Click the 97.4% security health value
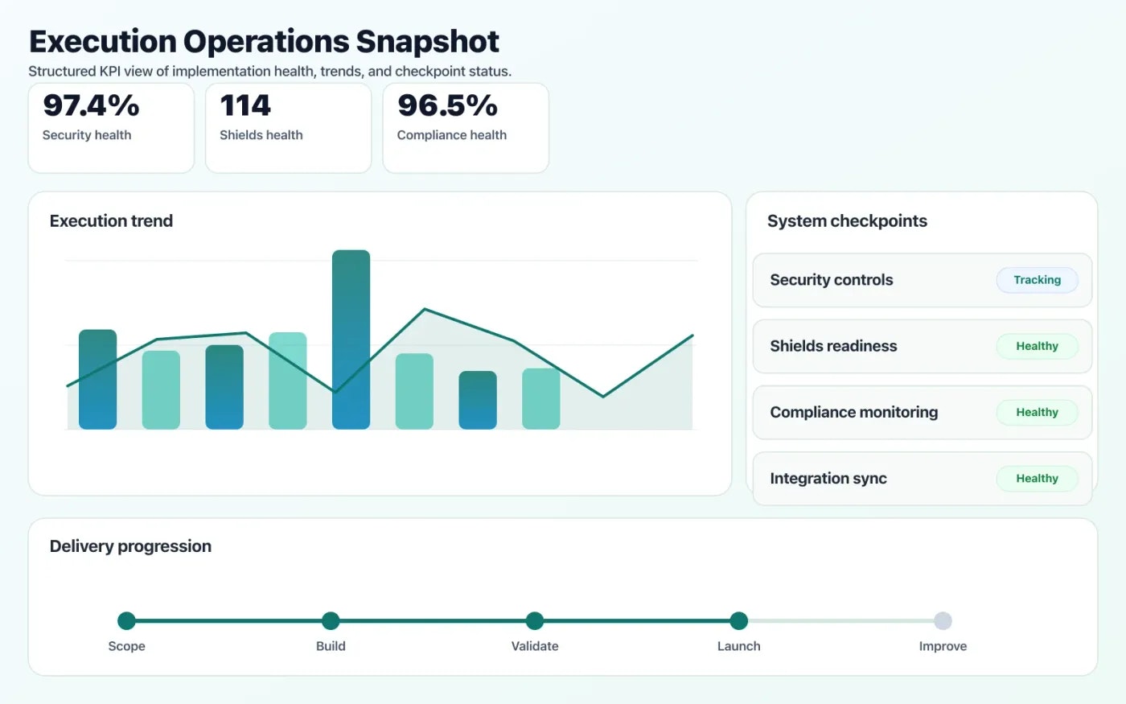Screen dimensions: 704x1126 pos(91,105)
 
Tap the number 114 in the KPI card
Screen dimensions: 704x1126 pos(245,105)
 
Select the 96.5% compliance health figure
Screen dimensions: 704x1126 pos(447,105)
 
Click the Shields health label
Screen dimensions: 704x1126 pos(261,135)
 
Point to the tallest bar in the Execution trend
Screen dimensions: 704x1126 pos(351,339)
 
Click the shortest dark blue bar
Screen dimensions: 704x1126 pos(477,400)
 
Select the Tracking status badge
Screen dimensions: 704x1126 pos(1037,280)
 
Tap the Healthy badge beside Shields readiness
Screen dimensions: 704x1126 pos(1037,346)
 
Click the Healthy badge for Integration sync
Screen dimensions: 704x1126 pos(1037,478)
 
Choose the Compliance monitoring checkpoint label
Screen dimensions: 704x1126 pos(853,412)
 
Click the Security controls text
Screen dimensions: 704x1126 pos(831,280)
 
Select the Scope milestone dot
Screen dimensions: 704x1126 pos(126,620)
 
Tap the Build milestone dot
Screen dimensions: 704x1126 pos(331,620)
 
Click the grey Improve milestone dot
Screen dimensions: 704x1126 pos(943,620)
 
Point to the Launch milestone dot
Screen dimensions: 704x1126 pos(738,620)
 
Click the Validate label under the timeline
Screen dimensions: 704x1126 pos(535,646)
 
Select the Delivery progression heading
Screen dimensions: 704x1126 pos(130,546)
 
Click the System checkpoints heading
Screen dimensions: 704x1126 pos(847,221)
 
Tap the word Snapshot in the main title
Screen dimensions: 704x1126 pos(427,42)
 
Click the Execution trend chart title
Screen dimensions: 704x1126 pos(111,221)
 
